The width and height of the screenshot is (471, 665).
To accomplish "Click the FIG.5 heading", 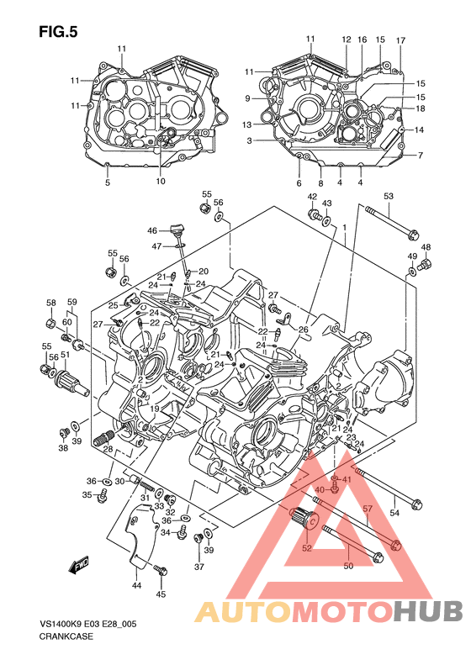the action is (x=58, y=32).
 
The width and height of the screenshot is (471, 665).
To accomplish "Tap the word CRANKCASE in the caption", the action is (x=66, y=636).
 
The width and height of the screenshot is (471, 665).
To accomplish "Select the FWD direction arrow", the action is (x=79, y=566).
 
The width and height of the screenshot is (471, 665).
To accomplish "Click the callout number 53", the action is (x=389, y=196).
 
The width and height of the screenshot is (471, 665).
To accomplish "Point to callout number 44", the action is (x=136, y=586).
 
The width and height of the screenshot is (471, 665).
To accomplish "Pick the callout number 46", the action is (x=152, y=230).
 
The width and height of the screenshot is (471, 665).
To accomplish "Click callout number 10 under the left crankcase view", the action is (x=160, y=181).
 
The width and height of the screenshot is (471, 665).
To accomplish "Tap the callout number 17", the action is (x=400, y=40).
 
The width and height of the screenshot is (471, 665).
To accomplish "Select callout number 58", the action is (x=51, y=303).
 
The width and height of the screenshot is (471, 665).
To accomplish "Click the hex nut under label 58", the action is (x=50, y=324).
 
